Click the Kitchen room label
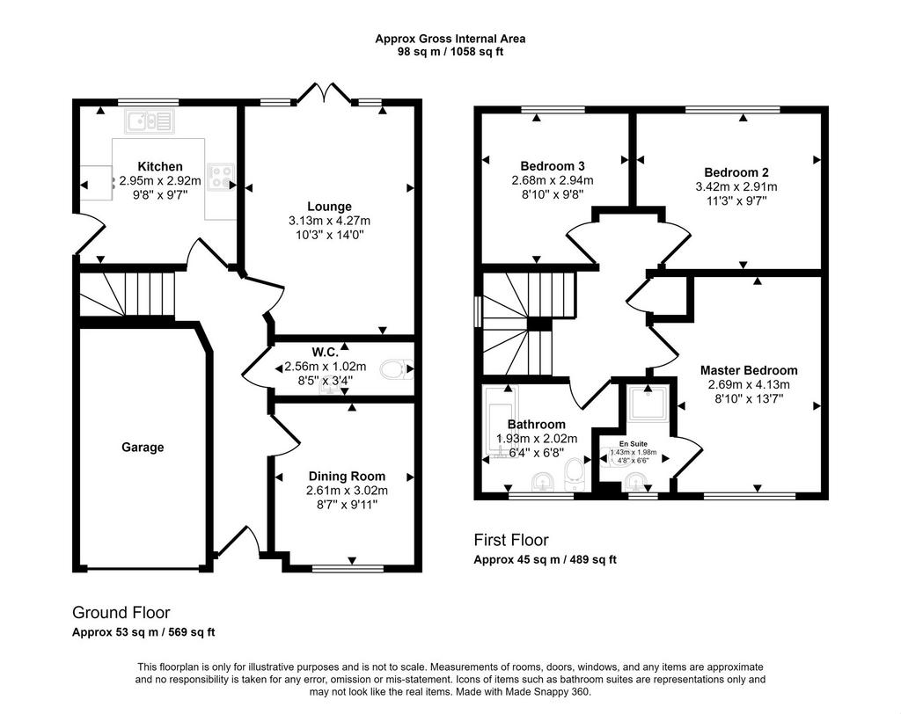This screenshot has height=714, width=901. click(160, 166)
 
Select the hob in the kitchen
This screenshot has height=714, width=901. click(221, 176)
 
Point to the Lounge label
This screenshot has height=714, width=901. click(329, 207)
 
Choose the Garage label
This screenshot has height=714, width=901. click(143, 447)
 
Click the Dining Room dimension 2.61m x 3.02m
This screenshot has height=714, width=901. click(347, 491)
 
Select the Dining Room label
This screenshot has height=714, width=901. click(347, 477)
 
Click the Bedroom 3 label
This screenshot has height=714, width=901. click(553, 166)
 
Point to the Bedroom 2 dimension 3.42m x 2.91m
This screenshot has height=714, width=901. click(736, 186)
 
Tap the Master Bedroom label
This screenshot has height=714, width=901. click(749, 370)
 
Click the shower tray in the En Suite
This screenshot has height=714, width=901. click(648, 404)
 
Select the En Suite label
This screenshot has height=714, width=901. click(634, 443)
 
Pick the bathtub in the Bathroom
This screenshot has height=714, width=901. click(501, 422)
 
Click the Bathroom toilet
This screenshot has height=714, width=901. click(574, 475)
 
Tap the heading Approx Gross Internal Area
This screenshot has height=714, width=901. click(450, 39)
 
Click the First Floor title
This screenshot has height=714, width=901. click(511, 540)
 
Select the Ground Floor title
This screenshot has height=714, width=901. click(121, 612)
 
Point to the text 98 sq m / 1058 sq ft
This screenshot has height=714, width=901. click(450, 52)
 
